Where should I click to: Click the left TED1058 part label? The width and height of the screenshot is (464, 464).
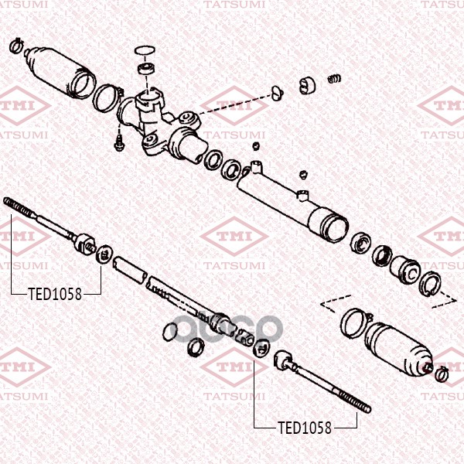(x=55, y=294)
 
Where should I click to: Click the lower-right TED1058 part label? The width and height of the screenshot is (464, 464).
(x=305, y=428)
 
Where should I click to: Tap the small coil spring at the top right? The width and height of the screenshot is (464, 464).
(x=334, y=79)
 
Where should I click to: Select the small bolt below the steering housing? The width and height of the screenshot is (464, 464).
(x=118, y=143)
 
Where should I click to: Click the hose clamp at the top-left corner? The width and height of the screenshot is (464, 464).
(x=16, y=46)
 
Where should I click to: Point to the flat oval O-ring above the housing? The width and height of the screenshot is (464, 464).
(x=145, y=50)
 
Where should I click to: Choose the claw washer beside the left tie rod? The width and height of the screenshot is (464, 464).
(x=104, y=254)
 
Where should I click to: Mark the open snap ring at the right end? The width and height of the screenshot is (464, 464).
(x=430, y=284)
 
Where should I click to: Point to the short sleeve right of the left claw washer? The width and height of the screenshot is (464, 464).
(x=130, y=270)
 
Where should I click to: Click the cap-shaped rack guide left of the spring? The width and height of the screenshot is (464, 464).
(x=307, y=85)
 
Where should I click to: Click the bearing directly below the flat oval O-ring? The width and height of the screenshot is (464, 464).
(x=146, y=69)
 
